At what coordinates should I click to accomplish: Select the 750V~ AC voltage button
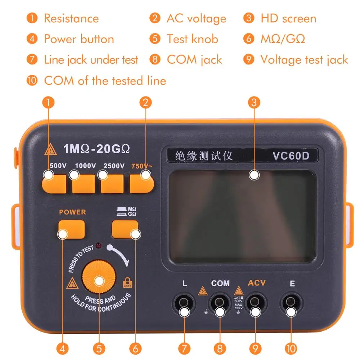142,184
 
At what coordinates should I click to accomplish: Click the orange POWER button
72,229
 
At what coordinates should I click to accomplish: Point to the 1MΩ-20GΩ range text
96,148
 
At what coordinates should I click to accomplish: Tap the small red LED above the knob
98,247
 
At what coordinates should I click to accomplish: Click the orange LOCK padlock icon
127,283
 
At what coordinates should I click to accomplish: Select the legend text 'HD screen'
288,18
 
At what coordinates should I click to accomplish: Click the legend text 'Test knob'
192,39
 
